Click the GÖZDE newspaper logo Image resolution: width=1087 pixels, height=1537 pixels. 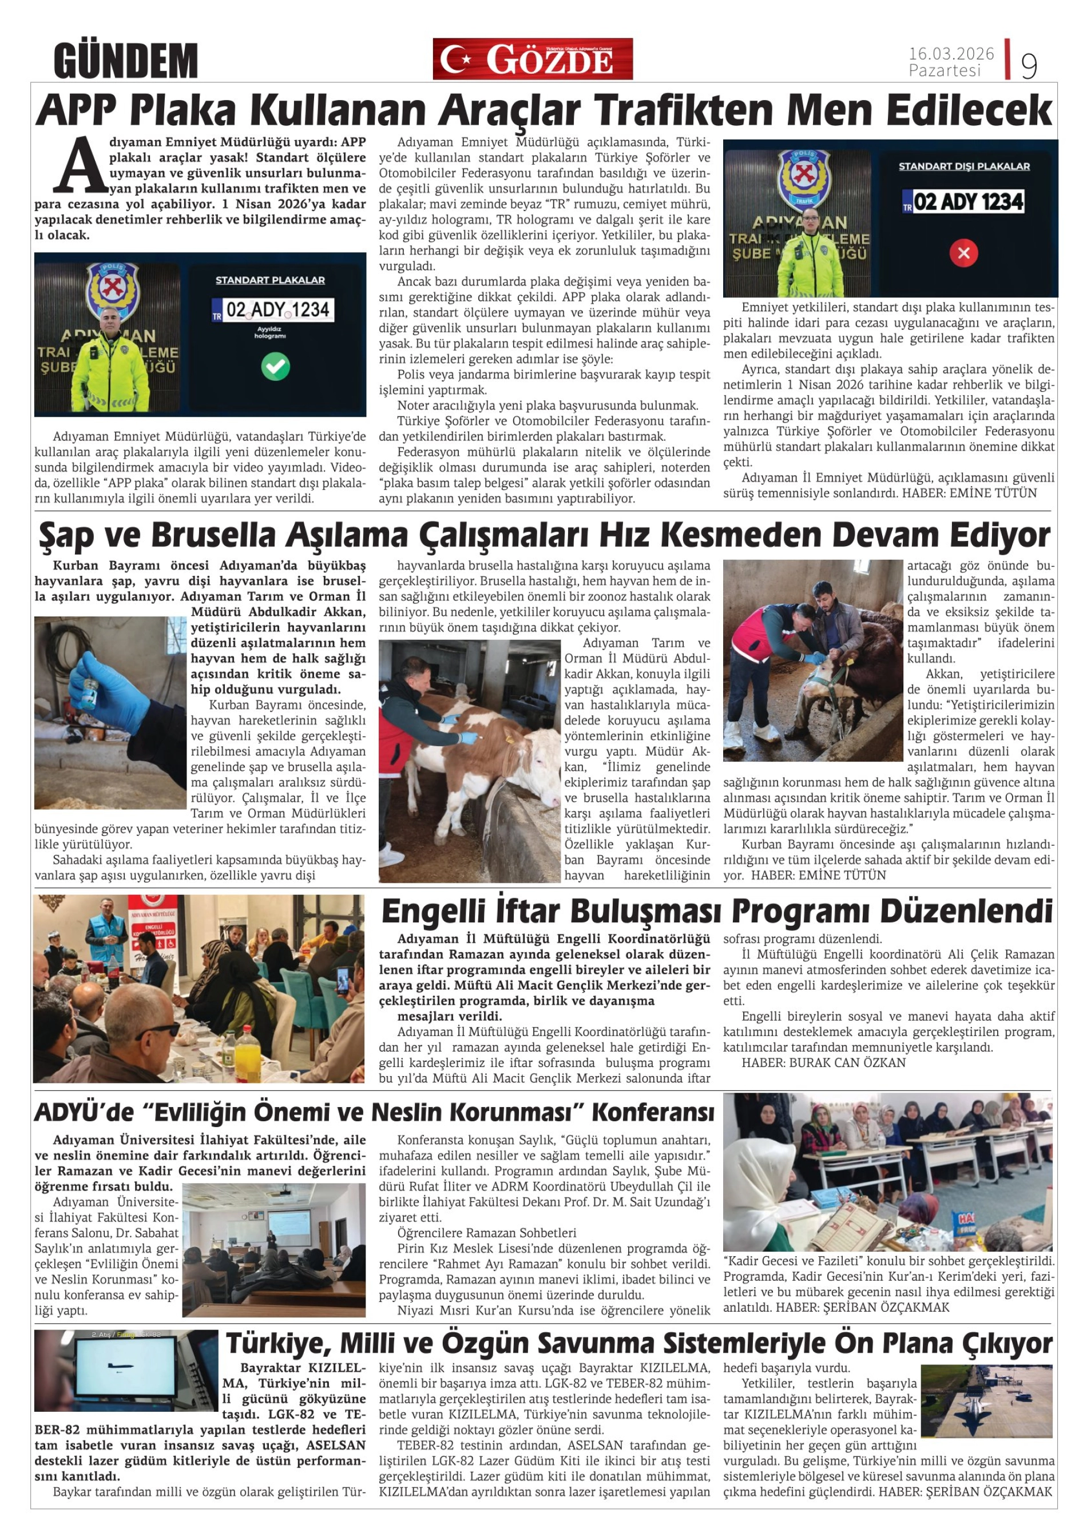pyautogui.click(x=532, y=59)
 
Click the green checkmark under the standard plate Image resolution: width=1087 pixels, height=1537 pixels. pyautogui.click(x=275, y=366)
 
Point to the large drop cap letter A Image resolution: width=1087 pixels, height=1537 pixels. pyautogui.click(x=80, y=165)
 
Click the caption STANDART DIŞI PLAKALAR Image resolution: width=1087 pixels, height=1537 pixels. pyautogui.click(x=964, y=166)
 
